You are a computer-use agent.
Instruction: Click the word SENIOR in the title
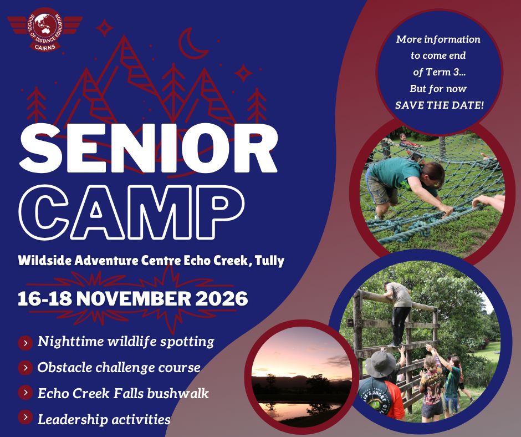tap(148, 148)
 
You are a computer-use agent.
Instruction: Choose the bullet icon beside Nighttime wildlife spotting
tap(25, 343)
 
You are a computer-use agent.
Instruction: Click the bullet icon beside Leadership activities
tap(25, 417)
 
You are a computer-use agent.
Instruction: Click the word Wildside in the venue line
tap(45, 261)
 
